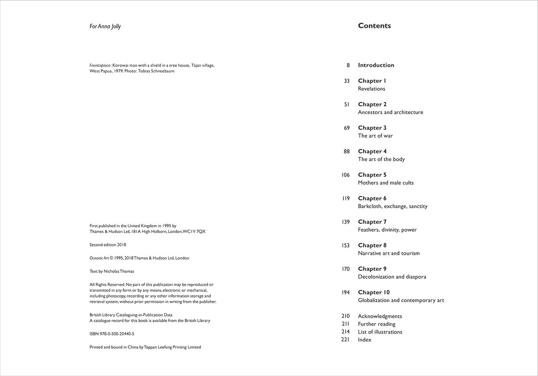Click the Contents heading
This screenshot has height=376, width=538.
pyautogui.click(x=374, y=26)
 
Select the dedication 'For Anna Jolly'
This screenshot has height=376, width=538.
pyautogui.click(x=105, y=26)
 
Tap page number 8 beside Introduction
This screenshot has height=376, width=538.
pyautogui.click(x=348, y=65)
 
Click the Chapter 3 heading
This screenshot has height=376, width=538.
pyautogui.click(x=372, y=128)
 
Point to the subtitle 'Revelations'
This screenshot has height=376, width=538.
pyautogui.click(x=371, y=89)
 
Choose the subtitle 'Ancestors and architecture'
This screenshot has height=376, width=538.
pyautogui.click(x=390, y=112)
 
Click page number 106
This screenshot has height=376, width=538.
pyautogui.click(x=346, y=175)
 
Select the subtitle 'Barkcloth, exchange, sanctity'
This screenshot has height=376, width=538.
pyautogui.click(x=392, y=206)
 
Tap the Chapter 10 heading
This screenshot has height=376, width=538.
pyautogui.click(x=374, y=292)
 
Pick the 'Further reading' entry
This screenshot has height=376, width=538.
pyautogui.click(x=377, y=324)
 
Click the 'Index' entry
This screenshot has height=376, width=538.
pyautogui.click(x=364, y=340)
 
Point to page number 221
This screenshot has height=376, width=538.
pyautogui.click(x=346, y=340)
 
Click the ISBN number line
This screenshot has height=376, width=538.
pyautogui.click(x=112, y=334)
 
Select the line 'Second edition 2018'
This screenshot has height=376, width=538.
pyautogui.click(x=108, y=245)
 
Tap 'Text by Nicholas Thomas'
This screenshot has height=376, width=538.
pyautogui.click(x=112, y=271)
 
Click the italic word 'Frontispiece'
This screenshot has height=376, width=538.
pyautogui.click(x=100, y=65)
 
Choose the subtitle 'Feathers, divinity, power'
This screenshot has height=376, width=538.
pyautogui.click(x=387, y=230)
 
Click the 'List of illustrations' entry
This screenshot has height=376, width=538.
pyautogui.click(x=380, y=332)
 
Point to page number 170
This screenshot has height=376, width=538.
pyautogui.click(x=346, y=269)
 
